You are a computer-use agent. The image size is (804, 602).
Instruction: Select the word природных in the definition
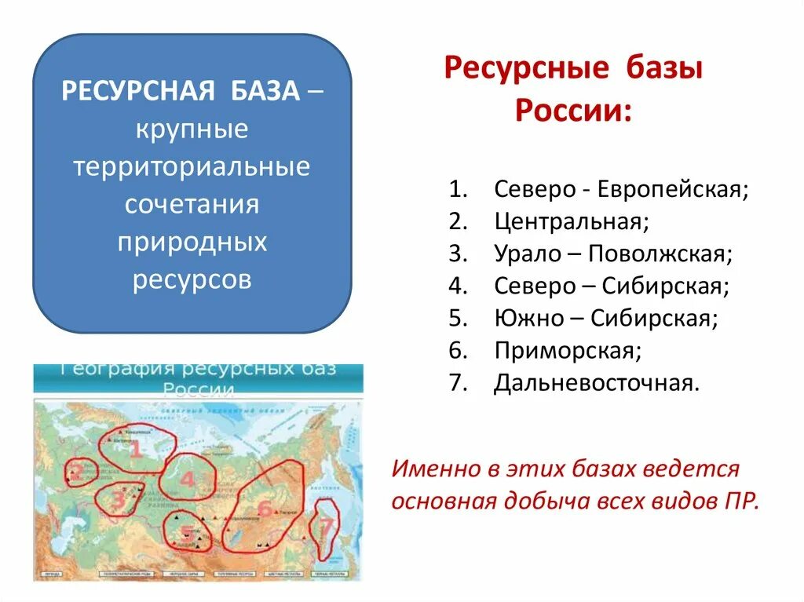(x=192, y=242)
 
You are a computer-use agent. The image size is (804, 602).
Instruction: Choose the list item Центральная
(x=572, y=222)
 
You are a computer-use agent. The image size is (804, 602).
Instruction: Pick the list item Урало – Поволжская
(x=613, y=254)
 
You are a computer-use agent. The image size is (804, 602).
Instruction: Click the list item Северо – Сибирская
(x=612, y=286)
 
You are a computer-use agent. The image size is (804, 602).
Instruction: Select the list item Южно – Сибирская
(x=606, y=319)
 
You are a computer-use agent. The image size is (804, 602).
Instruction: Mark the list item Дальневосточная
(x=596, y=383)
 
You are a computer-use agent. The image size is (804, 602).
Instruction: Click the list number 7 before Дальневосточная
(x=458, y=383)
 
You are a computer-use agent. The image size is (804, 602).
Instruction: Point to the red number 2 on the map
(x=76, y=472)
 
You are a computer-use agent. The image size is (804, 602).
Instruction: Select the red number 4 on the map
(x=187, y=478)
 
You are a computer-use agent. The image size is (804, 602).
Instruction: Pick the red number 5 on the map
(x=186, y=531)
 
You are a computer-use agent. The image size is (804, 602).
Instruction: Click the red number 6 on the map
(x=265, y=509)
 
